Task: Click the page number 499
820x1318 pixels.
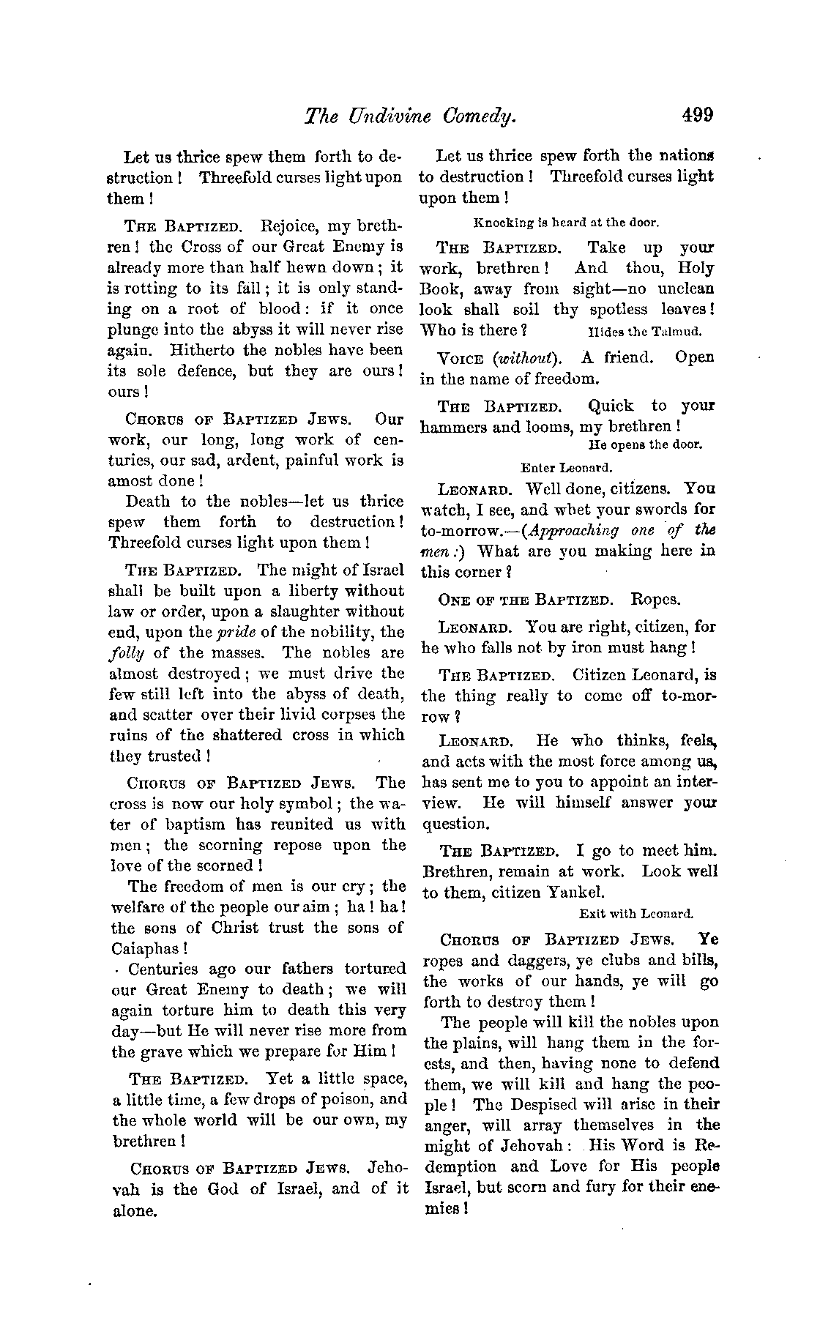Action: click(696, 114)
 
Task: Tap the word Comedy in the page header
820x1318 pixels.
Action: click(478, 115)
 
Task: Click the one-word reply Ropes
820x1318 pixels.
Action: click(655, 600)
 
